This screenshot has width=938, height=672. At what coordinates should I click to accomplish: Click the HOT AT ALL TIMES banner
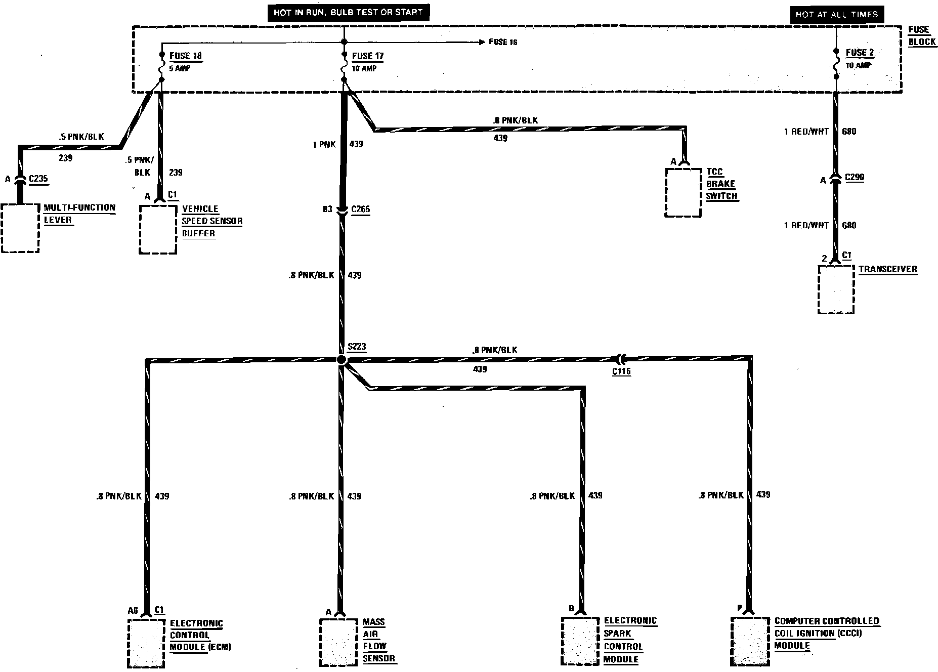(836, 15)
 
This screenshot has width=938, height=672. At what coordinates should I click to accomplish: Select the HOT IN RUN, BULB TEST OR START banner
(348, 13)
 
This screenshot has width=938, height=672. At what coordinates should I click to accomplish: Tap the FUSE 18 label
(186, 56)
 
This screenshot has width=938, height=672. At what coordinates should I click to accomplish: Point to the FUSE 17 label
(368, 56)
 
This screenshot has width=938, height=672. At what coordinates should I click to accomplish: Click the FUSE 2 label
(860, 53)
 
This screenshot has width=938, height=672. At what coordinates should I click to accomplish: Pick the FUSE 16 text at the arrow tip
(503, 42)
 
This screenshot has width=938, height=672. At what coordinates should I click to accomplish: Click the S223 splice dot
(342, 360)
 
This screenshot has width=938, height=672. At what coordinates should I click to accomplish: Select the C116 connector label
(621, 371)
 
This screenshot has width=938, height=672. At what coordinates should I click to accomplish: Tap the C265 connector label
(360, 209)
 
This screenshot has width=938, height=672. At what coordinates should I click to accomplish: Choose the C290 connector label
(854, 178)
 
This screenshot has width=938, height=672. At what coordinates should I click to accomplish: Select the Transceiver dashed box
(836, 289)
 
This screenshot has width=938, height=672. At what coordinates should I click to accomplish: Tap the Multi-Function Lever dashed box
(20, 228)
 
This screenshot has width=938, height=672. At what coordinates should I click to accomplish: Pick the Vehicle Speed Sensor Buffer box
(158, 229)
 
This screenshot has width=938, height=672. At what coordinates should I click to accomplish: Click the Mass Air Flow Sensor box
(338, 642)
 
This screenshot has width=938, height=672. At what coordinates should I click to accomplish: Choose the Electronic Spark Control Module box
(580, 641)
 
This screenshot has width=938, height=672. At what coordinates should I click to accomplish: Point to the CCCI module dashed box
(750, 641)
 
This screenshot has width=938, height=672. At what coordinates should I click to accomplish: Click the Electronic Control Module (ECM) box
(147, 643)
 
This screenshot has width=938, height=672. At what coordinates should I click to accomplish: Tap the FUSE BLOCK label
(922, 36)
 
